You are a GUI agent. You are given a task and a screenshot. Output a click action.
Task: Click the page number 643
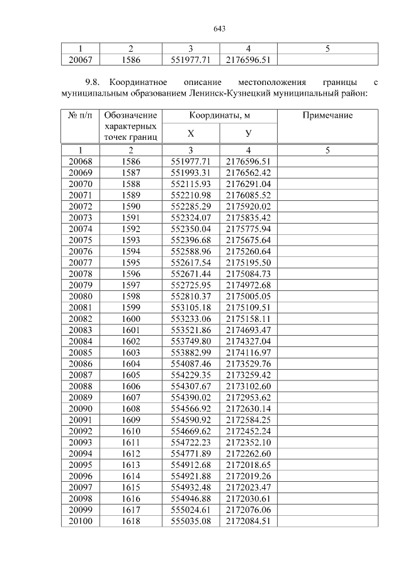click(x=220, y=29)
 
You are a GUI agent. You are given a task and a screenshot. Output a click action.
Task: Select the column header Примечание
click(x=327, y=116)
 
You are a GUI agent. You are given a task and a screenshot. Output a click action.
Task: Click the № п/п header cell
click(x=79, y=116)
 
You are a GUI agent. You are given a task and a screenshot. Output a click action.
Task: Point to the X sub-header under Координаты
click(x=191, y=134)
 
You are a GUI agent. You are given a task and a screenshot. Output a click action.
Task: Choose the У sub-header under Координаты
click(x=249, y=134)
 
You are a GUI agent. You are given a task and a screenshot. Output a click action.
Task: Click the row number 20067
click(x=79, y=60)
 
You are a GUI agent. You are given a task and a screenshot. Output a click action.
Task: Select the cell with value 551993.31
click(x=191, y=172)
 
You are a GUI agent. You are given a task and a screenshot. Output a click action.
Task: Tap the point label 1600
click(x=130, y=319)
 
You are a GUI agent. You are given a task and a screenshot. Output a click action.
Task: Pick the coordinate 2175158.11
click(x=249, y=319)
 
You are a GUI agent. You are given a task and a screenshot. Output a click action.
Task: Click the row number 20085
click(x=79, y=352)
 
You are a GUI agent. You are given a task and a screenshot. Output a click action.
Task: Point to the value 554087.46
click(x=191, y=363)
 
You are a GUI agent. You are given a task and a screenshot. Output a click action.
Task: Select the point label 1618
click(x=130, y=520)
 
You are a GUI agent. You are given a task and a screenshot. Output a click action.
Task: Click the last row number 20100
click(x=79, y=520)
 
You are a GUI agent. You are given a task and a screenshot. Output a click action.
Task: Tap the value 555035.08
click(x=191, y=520)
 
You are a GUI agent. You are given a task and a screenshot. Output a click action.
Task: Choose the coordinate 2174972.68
click(x=249, y=285)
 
